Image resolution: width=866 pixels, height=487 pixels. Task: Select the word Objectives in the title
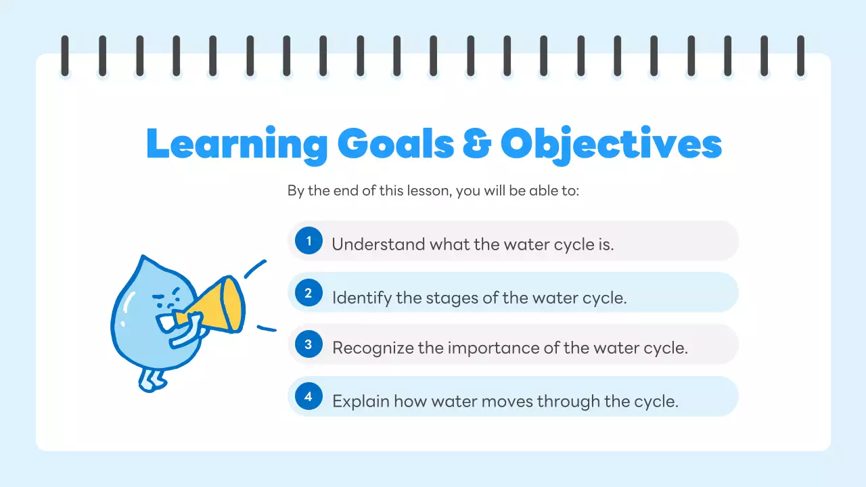(611, 144)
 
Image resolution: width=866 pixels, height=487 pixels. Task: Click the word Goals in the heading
(395, 143)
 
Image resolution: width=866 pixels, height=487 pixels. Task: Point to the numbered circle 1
(309, 241)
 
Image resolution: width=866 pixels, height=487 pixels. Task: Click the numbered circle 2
(309, 293)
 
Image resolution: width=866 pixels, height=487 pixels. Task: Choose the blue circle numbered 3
(309, 345)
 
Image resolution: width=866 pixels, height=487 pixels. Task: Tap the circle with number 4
(309, 397)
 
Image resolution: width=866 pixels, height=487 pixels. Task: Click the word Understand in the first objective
(369, 244)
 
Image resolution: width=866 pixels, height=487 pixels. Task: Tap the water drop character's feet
(152, 380)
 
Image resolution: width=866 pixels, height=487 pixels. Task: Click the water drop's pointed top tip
(143, 258)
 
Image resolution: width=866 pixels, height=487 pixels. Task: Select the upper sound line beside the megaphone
(255, 269)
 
